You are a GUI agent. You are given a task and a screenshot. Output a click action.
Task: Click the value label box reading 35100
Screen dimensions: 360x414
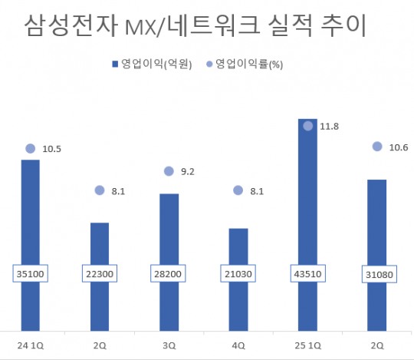point(30,274)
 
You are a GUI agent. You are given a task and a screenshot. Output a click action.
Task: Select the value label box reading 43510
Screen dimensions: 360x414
point(307,274)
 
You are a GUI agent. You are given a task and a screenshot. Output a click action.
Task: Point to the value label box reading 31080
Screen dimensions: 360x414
point(377,274)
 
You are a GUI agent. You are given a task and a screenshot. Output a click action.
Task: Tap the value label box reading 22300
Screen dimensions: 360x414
point(100,274)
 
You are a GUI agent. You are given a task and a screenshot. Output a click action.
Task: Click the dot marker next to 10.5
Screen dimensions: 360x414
point(30,149)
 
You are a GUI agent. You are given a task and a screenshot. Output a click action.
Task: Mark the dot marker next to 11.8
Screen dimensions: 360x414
point(307,126)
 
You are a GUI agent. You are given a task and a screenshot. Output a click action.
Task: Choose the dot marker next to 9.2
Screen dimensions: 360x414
point(169,173)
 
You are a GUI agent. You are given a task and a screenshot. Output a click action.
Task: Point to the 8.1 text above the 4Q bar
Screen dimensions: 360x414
point(257,191)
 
